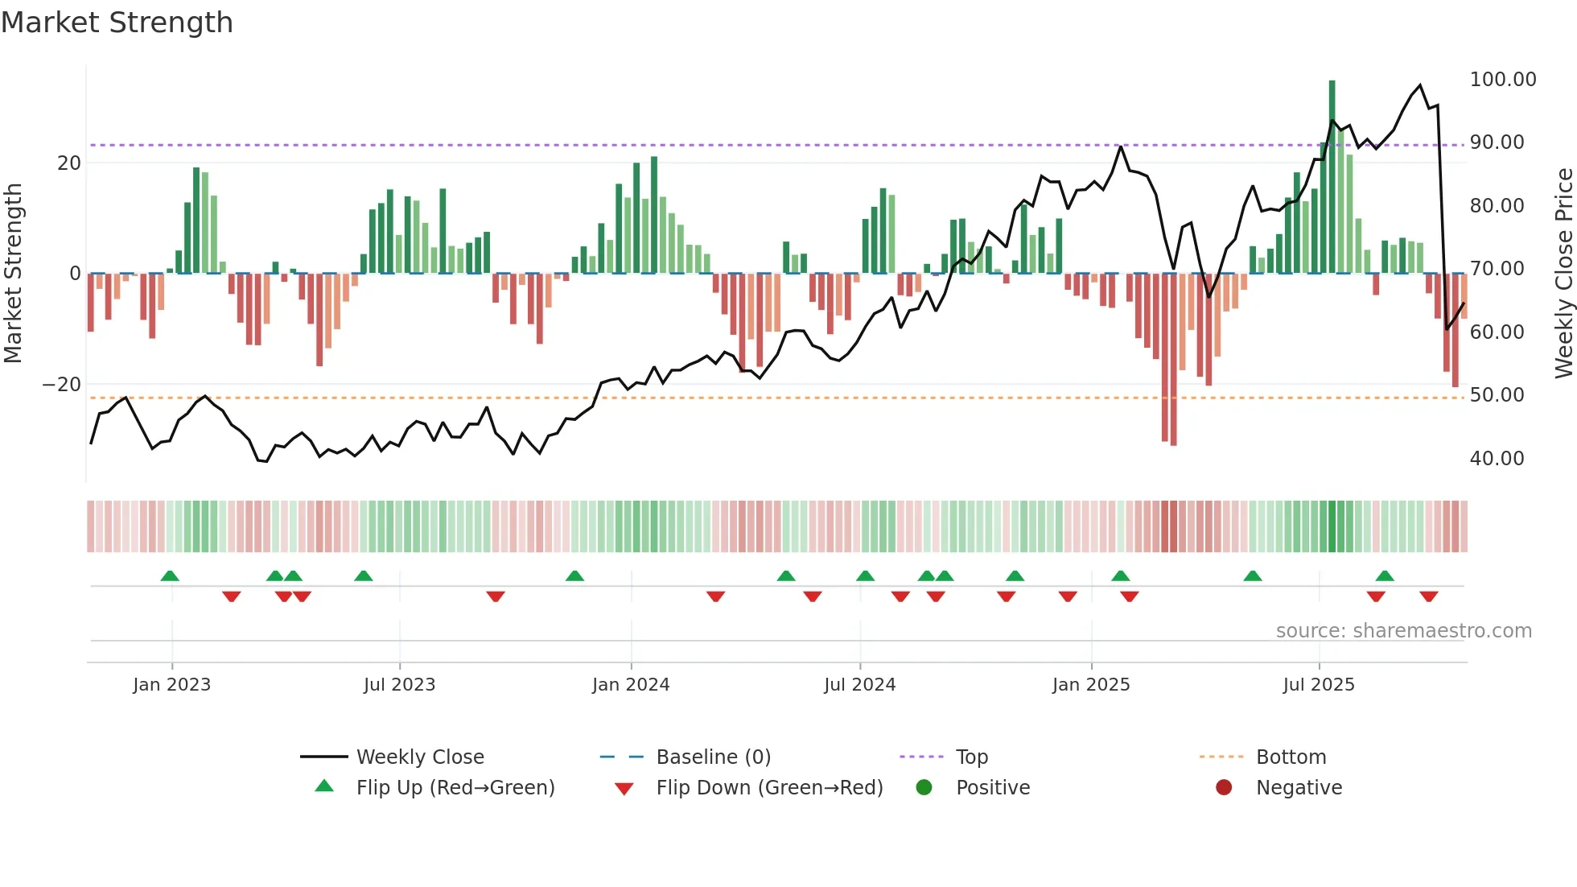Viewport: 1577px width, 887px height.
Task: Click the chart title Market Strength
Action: click(117, 23)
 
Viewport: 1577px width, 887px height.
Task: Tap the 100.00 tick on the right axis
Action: click(1502, 80)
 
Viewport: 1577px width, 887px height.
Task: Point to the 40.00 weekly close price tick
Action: click(1497, 459)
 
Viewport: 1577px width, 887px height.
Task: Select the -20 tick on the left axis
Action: click(62, 385)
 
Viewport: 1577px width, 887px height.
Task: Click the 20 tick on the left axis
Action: click(69, 163)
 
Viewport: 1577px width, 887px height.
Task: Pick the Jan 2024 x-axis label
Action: click(631, 685)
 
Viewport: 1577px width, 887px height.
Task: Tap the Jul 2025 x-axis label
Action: click(1318, 685)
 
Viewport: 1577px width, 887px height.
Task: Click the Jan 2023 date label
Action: click(171, 685)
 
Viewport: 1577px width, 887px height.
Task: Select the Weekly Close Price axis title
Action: click(1563, 274)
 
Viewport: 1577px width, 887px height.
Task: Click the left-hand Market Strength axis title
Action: click(13, 274)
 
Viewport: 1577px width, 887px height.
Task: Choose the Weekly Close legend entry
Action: click(419, 757)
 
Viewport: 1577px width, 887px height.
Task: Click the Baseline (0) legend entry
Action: click(713, 757)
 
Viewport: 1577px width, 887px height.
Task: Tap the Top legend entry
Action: click(971, 757)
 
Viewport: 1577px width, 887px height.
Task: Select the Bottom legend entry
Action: click(1291, 757)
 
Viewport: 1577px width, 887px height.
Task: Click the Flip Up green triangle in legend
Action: click(324, 786)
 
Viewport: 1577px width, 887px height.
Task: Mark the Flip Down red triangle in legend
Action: click(624, 789)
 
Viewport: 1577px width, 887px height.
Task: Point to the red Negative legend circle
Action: click(1224, 788)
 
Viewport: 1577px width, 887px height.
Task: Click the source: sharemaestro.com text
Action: click(1403, 631)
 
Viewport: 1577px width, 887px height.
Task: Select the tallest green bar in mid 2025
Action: click(1332, 177)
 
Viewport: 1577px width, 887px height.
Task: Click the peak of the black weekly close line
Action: click(1420, 85)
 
